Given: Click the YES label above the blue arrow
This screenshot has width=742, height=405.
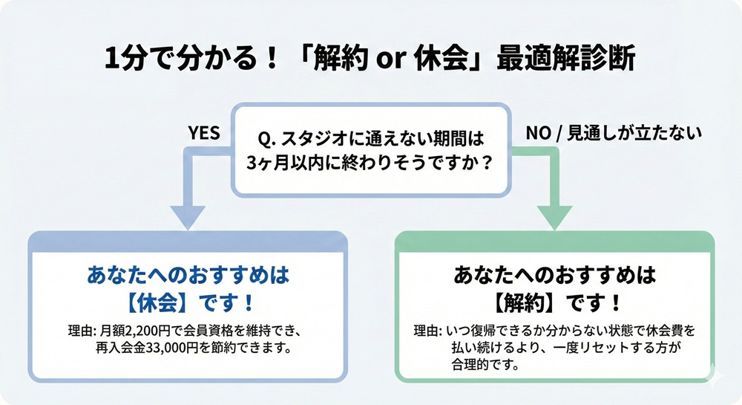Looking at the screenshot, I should point(204,133).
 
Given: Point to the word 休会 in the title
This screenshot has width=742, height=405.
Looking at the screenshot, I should point(438,60).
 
